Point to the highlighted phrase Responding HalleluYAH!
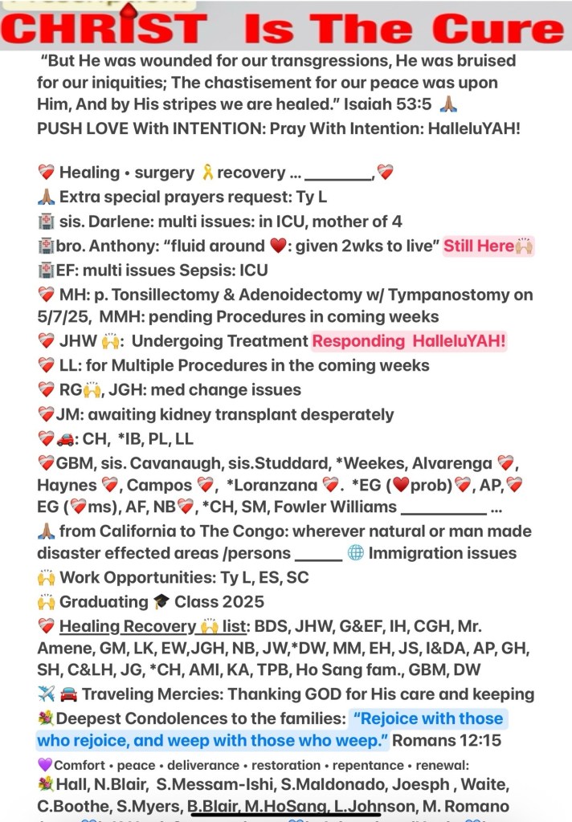pyautogui.click(x=410, y=341)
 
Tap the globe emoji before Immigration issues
pyautogui.click(x=356, y=552)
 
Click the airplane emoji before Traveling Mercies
pyautogui.click(x=46, y=694)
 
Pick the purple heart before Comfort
pyautogui.click(x=44, y=764)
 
